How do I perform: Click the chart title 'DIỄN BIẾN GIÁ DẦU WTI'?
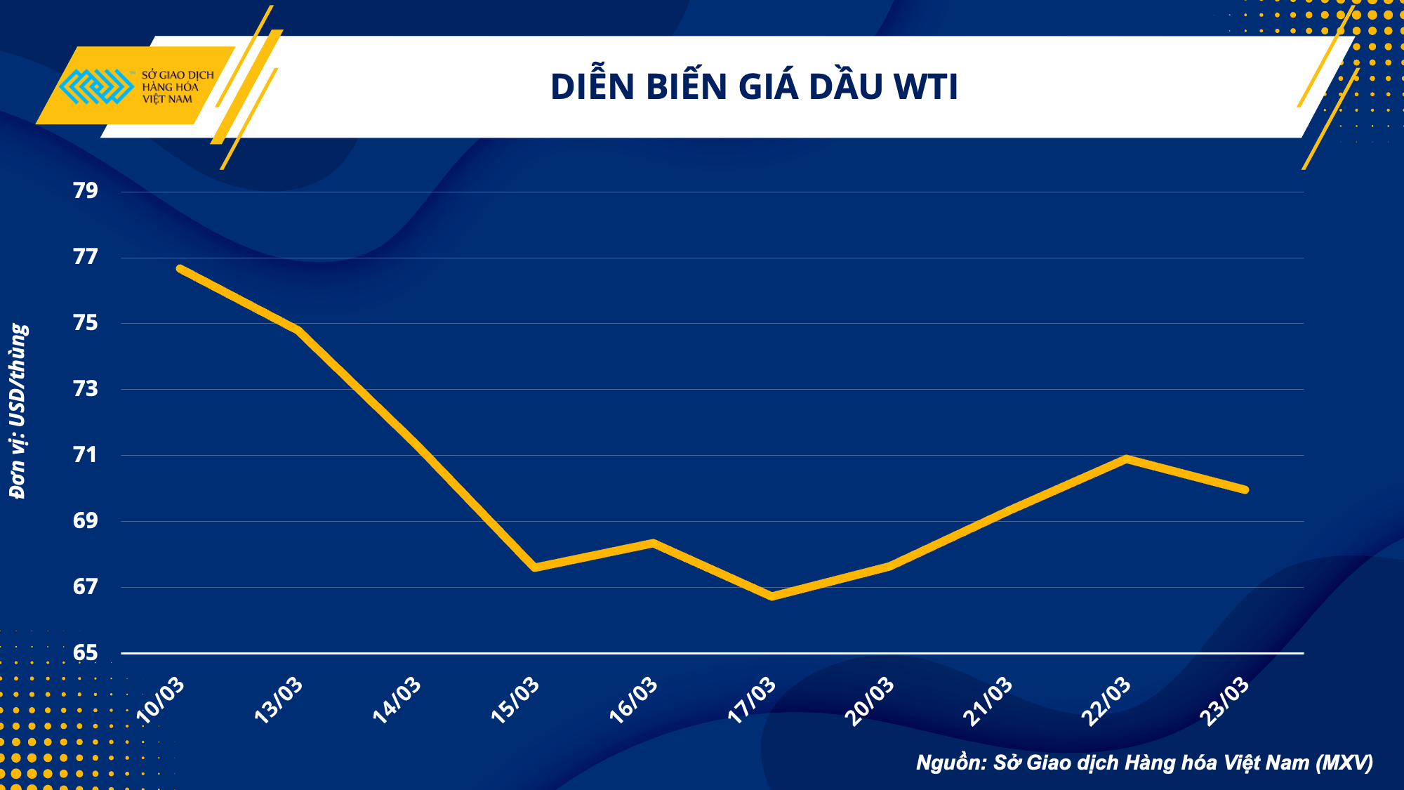click(x=754, y=87)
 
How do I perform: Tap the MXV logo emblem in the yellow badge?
click(x=96, y=86)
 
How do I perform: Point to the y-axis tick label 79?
click(x=86, y=190)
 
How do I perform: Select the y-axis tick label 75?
click(x=86, y=323)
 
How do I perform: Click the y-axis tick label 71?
click(x=86, y=455)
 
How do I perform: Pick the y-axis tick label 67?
click(x=86, y=587)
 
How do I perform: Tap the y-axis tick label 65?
click(x=86, y=653)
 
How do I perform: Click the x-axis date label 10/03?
click(x=161, y=700)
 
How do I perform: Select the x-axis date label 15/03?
click(x=516, y=700)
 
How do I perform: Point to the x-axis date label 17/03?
click(x=753, y=700)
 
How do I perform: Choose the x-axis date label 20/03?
click(x=870, y=700)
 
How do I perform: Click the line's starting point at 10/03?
click(x=180, y=268)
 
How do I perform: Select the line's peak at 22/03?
click(x=1127, y=459)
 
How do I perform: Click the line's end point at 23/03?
click(x=1245, y=489)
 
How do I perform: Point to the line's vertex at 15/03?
click(x=535, y=567)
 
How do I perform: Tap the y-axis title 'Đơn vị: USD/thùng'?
click(x=18, y=412)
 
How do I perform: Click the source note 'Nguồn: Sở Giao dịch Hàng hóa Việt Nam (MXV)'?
click(x=1144, y=763)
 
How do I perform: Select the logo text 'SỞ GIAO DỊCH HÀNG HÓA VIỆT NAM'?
click(x=177, y=87)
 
